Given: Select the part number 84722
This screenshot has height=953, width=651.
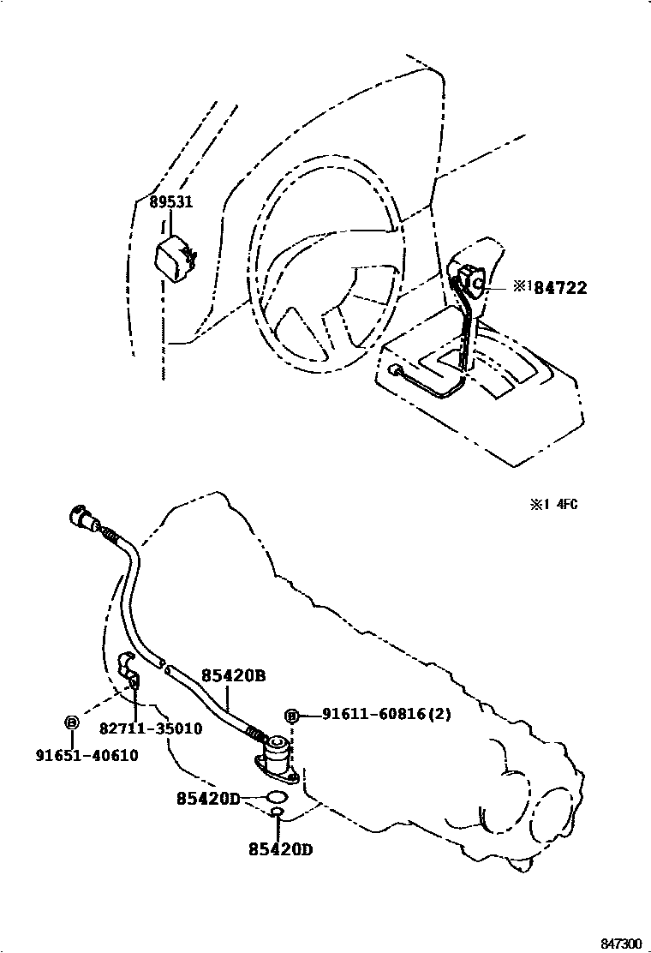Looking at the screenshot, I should (x=560, y=288).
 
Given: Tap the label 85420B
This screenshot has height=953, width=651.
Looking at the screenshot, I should (x=233, y=675).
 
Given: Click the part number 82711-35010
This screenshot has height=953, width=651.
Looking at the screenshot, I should (x=151, y=728).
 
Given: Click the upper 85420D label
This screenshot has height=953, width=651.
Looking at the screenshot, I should (x=208, y=798).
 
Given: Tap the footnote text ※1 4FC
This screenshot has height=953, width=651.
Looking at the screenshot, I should (x=552, y=504).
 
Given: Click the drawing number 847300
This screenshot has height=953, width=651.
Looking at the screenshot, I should (x=620, y=943).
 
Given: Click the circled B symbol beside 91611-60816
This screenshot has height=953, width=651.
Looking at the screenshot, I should (x=291, y=716).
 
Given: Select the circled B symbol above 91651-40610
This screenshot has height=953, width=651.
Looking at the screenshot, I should (x=72, y=722).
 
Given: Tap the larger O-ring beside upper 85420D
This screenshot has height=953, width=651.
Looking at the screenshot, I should (x=277, y=799).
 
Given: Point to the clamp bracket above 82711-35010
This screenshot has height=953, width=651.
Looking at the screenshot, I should (x=128, y=666).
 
